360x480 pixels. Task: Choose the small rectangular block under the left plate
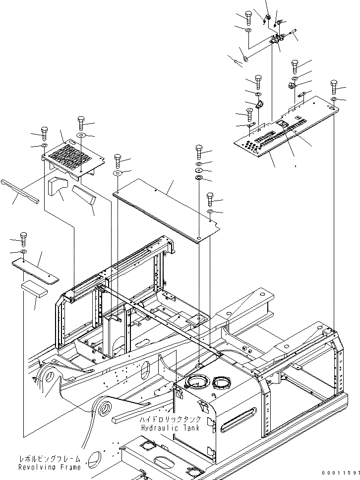[x=34, y=290]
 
